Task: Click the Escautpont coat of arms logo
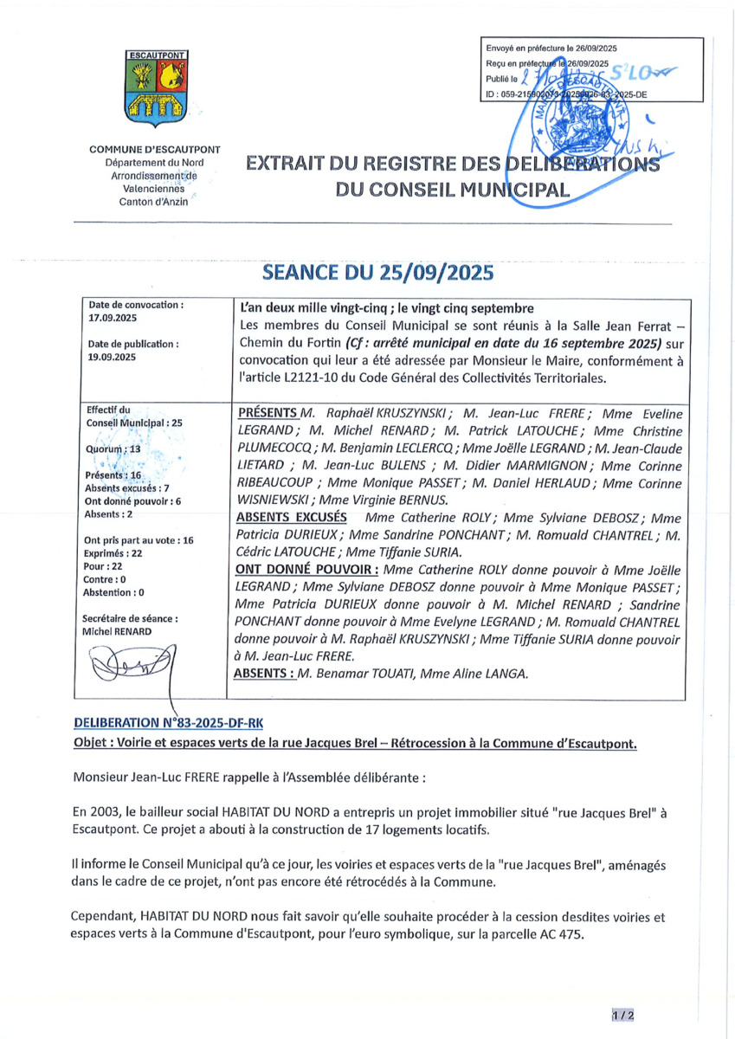point(155,87)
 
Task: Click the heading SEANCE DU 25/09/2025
point(377,273)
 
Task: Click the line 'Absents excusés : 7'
point(126,488)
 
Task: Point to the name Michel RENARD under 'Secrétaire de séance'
point(116,631)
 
